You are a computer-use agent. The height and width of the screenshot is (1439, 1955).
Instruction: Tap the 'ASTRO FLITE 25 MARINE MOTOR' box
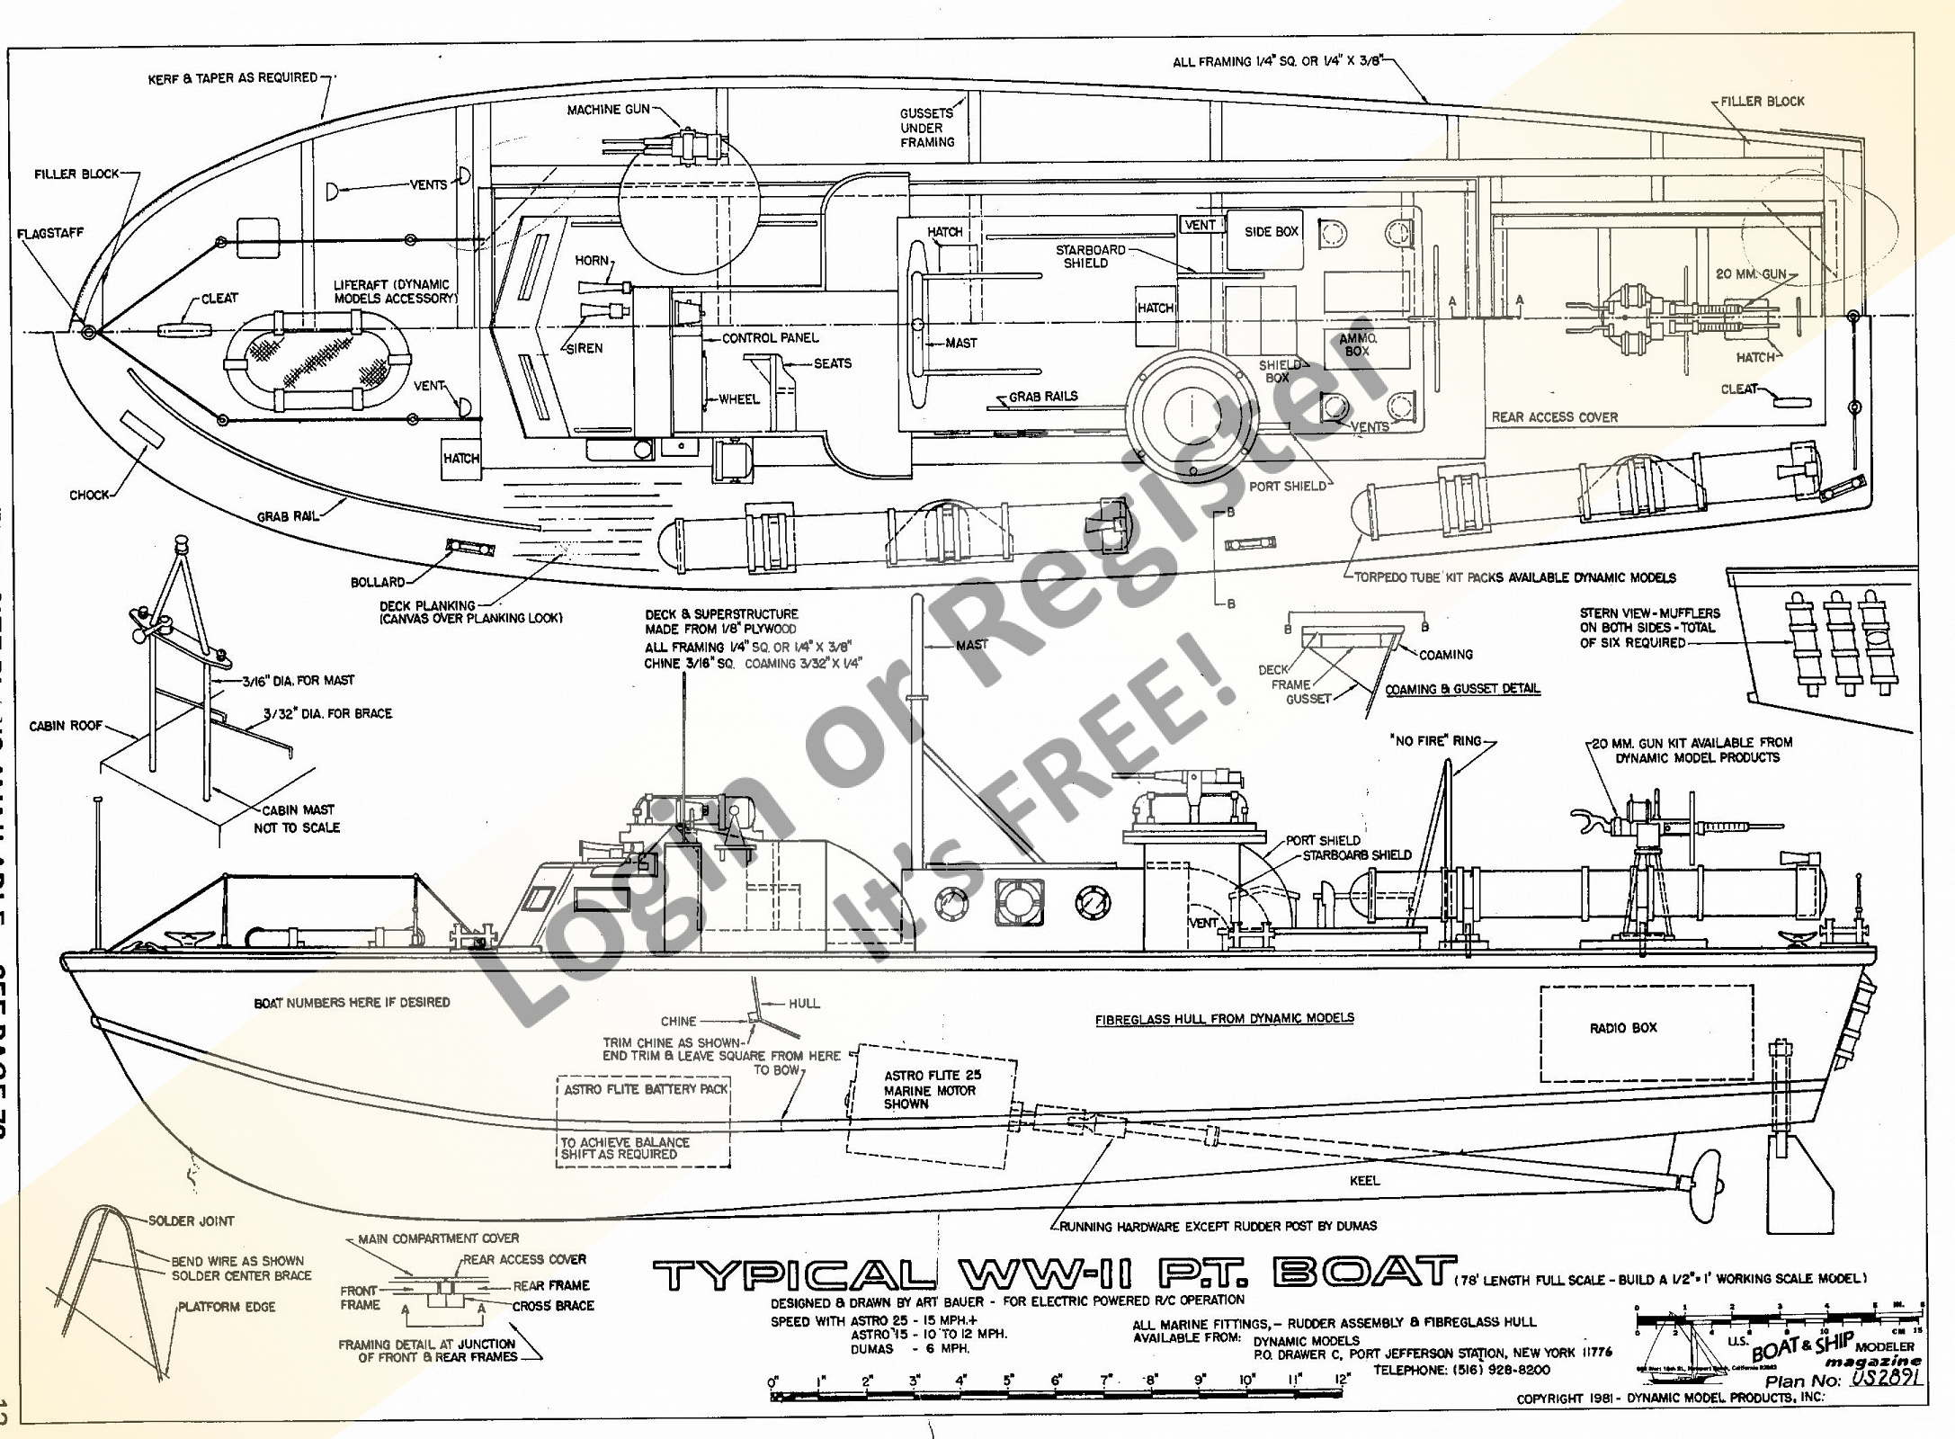[x=932, y=1090]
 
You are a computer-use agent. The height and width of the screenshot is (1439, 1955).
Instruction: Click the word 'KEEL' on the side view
[x=1364, y=1180]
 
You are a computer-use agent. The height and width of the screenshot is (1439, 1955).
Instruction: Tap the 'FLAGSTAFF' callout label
[x=50, y=233]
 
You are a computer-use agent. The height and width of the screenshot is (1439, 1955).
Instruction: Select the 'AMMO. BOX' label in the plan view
[x=1358, y=344]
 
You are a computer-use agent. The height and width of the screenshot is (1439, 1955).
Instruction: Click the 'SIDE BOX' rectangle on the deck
[x=1271, y=232]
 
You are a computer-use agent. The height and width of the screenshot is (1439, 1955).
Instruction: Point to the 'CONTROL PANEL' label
[x=771, y=338]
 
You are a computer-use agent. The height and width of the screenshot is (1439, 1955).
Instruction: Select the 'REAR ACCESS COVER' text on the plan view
[x=1554, y=417]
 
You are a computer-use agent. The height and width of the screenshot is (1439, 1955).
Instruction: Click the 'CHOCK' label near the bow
[x=89, y=495]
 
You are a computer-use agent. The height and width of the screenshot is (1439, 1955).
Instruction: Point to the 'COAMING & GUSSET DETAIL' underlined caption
[x=1462, y=689]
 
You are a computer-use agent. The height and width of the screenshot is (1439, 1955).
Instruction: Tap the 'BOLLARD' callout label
[x=378, y=582]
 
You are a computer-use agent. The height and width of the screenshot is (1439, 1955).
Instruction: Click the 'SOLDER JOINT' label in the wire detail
[x=191, y=1220]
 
